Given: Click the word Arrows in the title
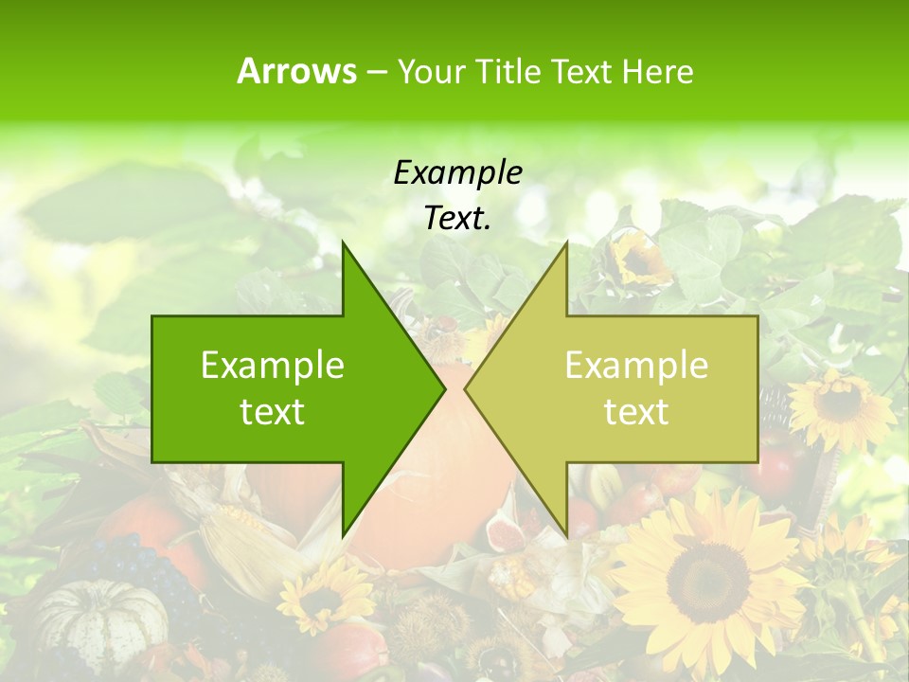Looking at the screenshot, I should (x=296, y=71).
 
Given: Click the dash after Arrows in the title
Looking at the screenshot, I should (x=376, y=72).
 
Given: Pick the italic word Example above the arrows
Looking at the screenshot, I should (x=457, y=172).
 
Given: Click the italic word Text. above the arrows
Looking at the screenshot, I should (x=457, y=219).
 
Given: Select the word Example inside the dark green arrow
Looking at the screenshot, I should (x=273, y=365).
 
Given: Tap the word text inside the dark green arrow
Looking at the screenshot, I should (x=273, y=412).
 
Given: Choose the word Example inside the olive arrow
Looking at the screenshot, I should (x=636, y=365).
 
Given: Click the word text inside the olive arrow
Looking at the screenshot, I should (x=636, y=412).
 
